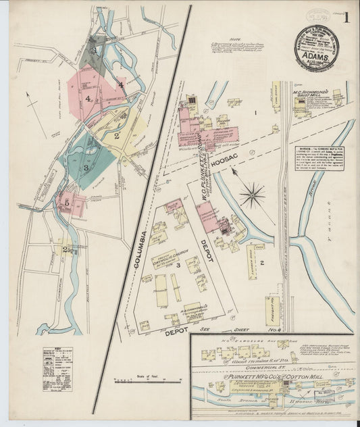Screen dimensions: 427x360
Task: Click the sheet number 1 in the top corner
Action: point(346,18)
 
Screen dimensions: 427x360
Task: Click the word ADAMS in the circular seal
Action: point(316,58)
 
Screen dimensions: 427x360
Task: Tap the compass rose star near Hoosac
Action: point(253,195)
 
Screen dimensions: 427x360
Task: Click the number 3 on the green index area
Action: point(86,167)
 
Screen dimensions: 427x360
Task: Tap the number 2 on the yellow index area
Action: point(117,136)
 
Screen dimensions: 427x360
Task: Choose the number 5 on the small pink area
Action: point(66,201)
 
